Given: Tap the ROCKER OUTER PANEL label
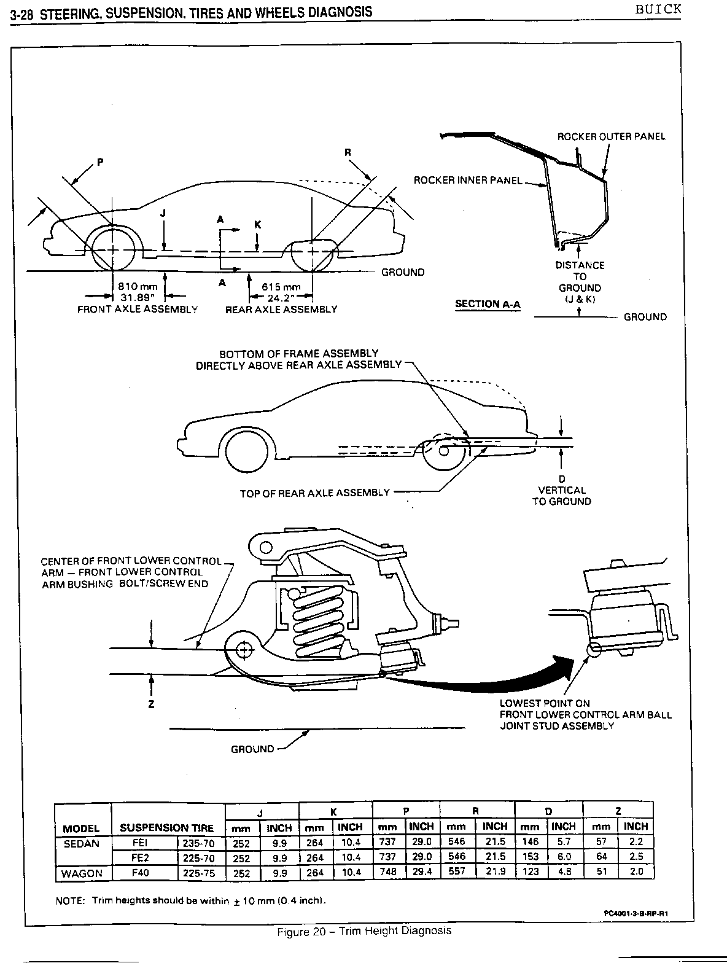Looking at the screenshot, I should (610, 136).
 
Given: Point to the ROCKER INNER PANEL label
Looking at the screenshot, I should (467, 180).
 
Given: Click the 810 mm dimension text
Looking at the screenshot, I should (139, 287).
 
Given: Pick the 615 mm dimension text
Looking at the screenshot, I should (281, 287).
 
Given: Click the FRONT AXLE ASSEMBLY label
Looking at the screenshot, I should (138, 310).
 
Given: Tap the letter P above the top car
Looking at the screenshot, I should (101, 162).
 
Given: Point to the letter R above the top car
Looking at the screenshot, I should (347, 152).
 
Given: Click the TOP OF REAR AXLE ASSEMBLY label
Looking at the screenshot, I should (314, 493).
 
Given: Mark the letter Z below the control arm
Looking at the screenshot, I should (151, 704).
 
